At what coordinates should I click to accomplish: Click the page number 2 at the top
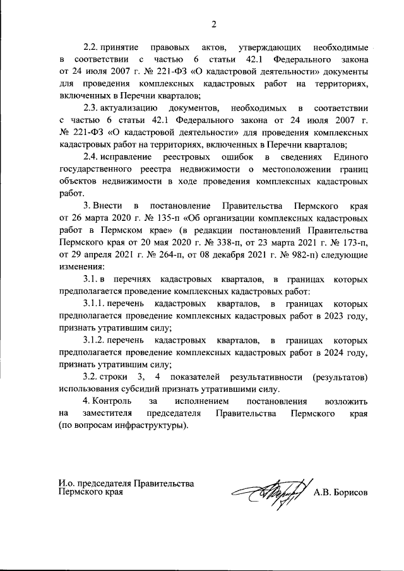pyautogui.click(x=213, y=25)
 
